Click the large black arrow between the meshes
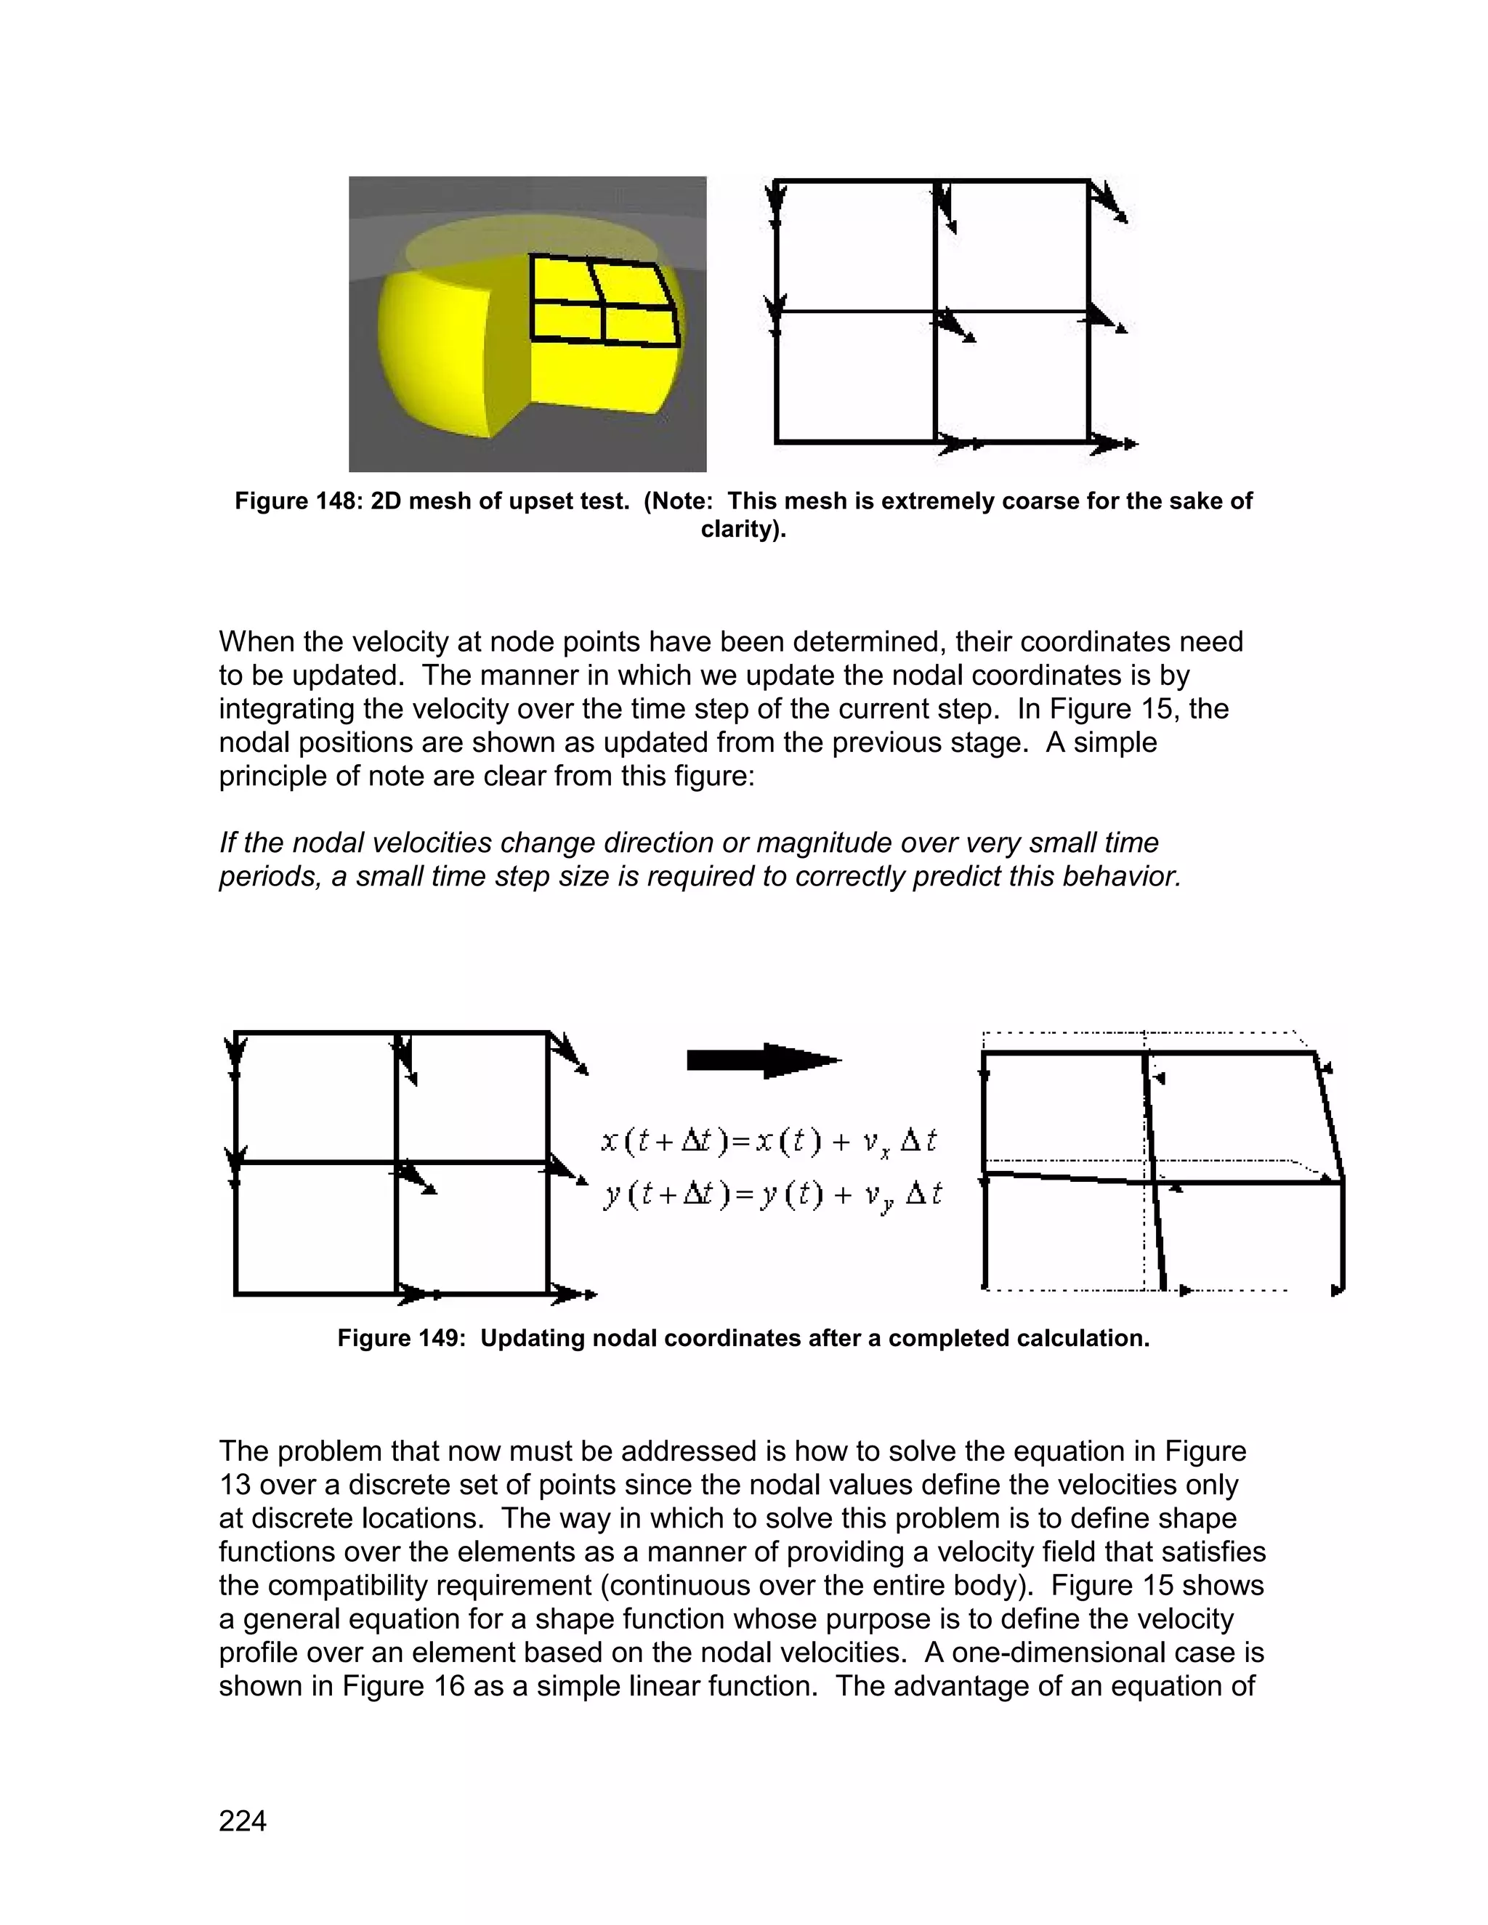click(x=764, y=1061)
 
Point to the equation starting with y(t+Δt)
click(x=772, y=1195)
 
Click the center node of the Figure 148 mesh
click(x=934, y=311)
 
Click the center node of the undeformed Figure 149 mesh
click(x=396, y=1162)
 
